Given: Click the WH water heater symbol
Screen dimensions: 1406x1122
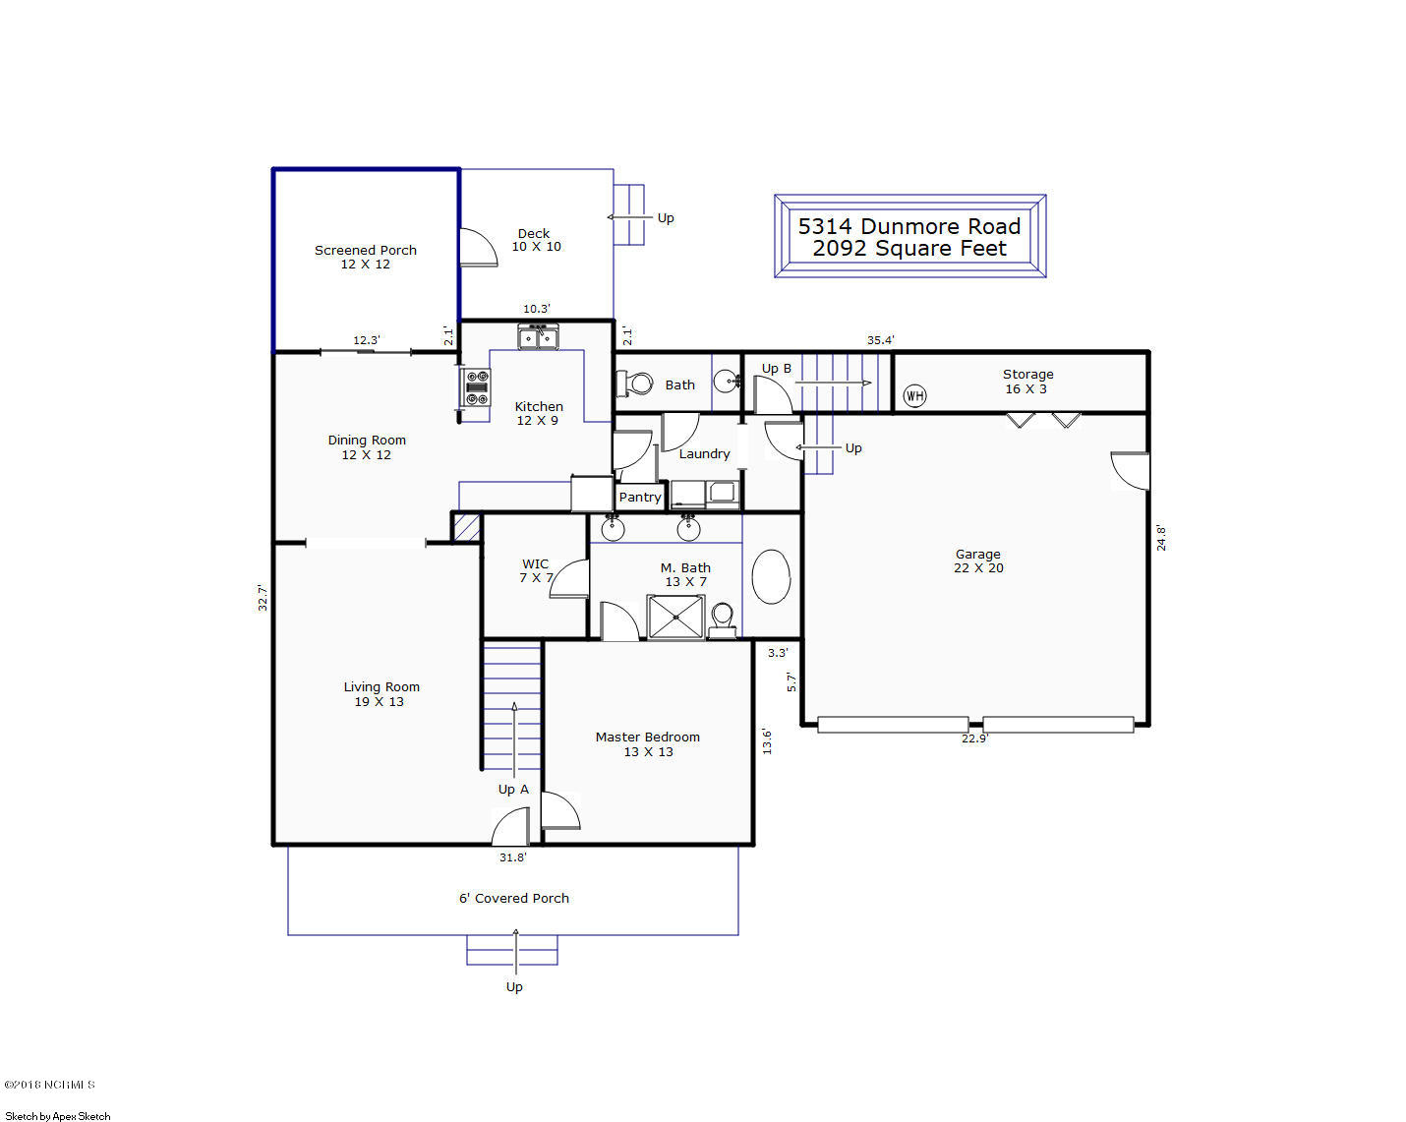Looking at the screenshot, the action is coord(914,395).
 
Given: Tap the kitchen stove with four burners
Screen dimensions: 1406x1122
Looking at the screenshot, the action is coord(476,386).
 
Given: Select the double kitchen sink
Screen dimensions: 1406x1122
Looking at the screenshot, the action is coord(538,336).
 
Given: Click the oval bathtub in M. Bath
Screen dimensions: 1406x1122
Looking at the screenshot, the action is coord(771,576).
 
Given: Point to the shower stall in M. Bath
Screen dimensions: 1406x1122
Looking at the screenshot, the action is coord(675,617).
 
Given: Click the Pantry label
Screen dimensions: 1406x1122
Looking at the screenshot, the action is coord(640,498).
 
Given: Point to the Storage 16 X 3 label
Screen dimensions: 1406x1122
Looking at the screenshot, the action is coord(1027,382).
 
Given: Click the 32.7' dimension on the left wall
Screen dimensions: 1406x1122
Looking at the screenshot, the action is coord(263,598).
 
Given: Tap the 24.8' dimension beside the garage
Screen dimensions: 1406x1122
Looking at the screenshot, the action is coord(1161,538).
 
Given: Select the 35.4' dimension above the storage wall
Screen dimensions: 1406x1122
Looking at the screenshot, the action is coord(881,340).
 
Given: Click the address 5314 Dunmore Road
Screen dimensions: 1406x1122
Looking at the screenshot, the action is coord(908,226).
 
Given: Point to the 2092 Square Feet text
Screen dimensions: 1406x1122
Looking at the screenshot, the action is coord(909,249).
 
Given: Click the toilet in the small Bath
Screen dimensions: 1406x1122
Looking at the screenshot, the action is coord(634,383).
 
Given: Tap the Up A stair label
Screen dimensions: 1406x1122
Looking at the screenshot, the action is coord(513,790).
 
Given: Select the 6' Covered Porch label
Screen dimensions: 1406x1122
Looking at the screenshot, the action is coord(513,898).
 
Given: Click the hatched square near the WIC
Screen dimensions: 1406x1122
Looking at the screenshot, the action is coord(467,527).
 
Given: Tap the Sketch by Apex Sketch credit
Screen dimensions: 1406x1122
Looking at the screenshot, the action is coord(57,1116).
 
